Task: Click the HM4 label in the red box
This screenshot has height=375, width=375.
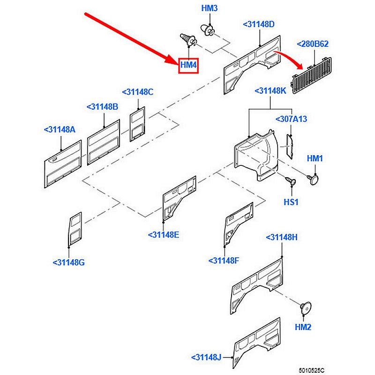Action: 188,65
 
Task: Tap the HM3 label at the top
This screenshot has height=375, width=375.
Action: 210,8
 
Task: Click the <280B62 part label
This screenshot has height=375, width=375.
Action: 313,45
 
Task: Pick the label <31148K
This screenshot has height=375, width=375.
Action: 270,90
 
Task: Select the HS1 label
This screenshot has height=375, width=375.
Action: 291,202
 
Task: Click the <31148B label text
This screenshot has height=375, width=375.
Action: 102,107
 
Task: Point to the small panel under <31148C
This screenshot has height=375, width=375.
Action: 137,124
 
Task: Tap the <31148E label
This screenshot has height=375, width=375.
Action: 163,235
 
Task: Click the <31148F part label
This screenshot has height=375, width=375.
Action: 224,260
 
